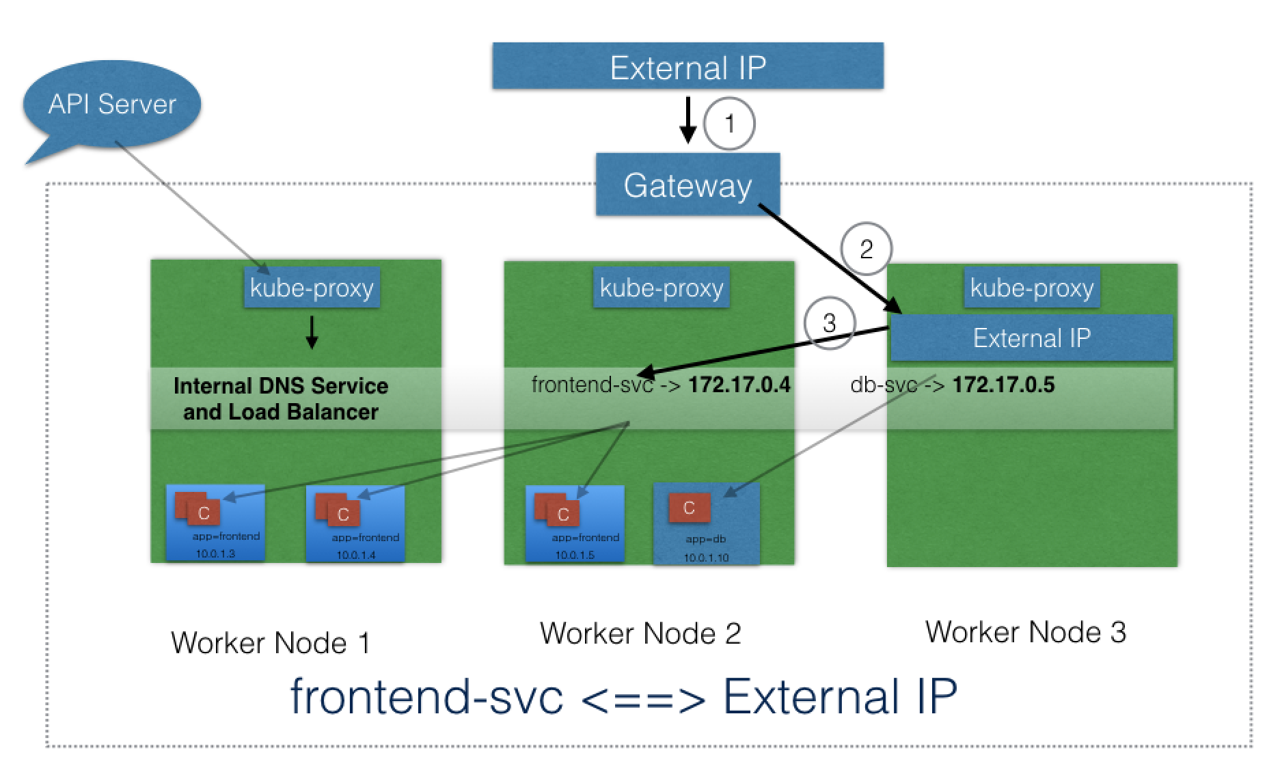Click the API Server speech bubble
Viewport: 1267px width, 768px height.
tap(112, 105)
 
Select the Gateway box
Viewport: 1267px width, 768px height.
tap(687, 185)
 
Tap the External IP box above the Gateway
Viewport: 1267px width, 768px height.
tap(687, 66)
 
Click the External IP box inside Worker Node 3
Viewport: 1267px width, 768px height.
tap(1031, 338)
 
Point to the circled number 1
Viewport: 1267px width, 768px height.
tap(729, 124)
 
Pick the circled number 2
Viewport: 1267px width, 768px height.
tap(866, 249)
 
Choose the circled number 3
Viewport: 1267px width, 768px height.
tap(830, 323)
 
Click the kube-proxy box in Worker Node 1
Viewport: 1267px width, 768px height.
tap(312, 288)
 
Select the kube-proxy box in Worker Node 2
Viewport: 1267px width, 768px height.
tap(661, 288)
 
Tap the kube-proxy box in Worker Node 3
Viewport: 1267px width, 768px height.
tap(1031, 288)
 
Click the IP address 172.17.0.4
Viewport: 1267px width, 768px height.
tap(739, 385)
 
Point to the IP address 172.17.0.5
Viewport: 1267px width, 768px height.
tap(1003, 385)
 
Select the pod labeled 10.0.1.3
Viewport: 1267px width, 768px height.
tap(215, 523)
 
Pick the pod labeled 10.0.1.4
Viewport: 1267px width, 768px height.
tap(355, 523)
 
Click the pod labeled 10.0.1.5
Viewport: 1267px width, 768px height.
tap(575, 523)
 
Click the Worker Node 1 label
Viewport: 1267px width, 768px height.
tap(271, 643)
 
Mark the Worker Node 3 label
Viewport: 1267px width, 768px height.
tap(1025, 632)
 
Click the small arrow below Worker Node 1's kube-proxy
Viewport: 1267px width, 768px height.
tap(312, 332)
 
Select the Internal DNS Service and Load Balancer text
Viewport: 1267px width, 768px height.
tap(281, 399)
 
